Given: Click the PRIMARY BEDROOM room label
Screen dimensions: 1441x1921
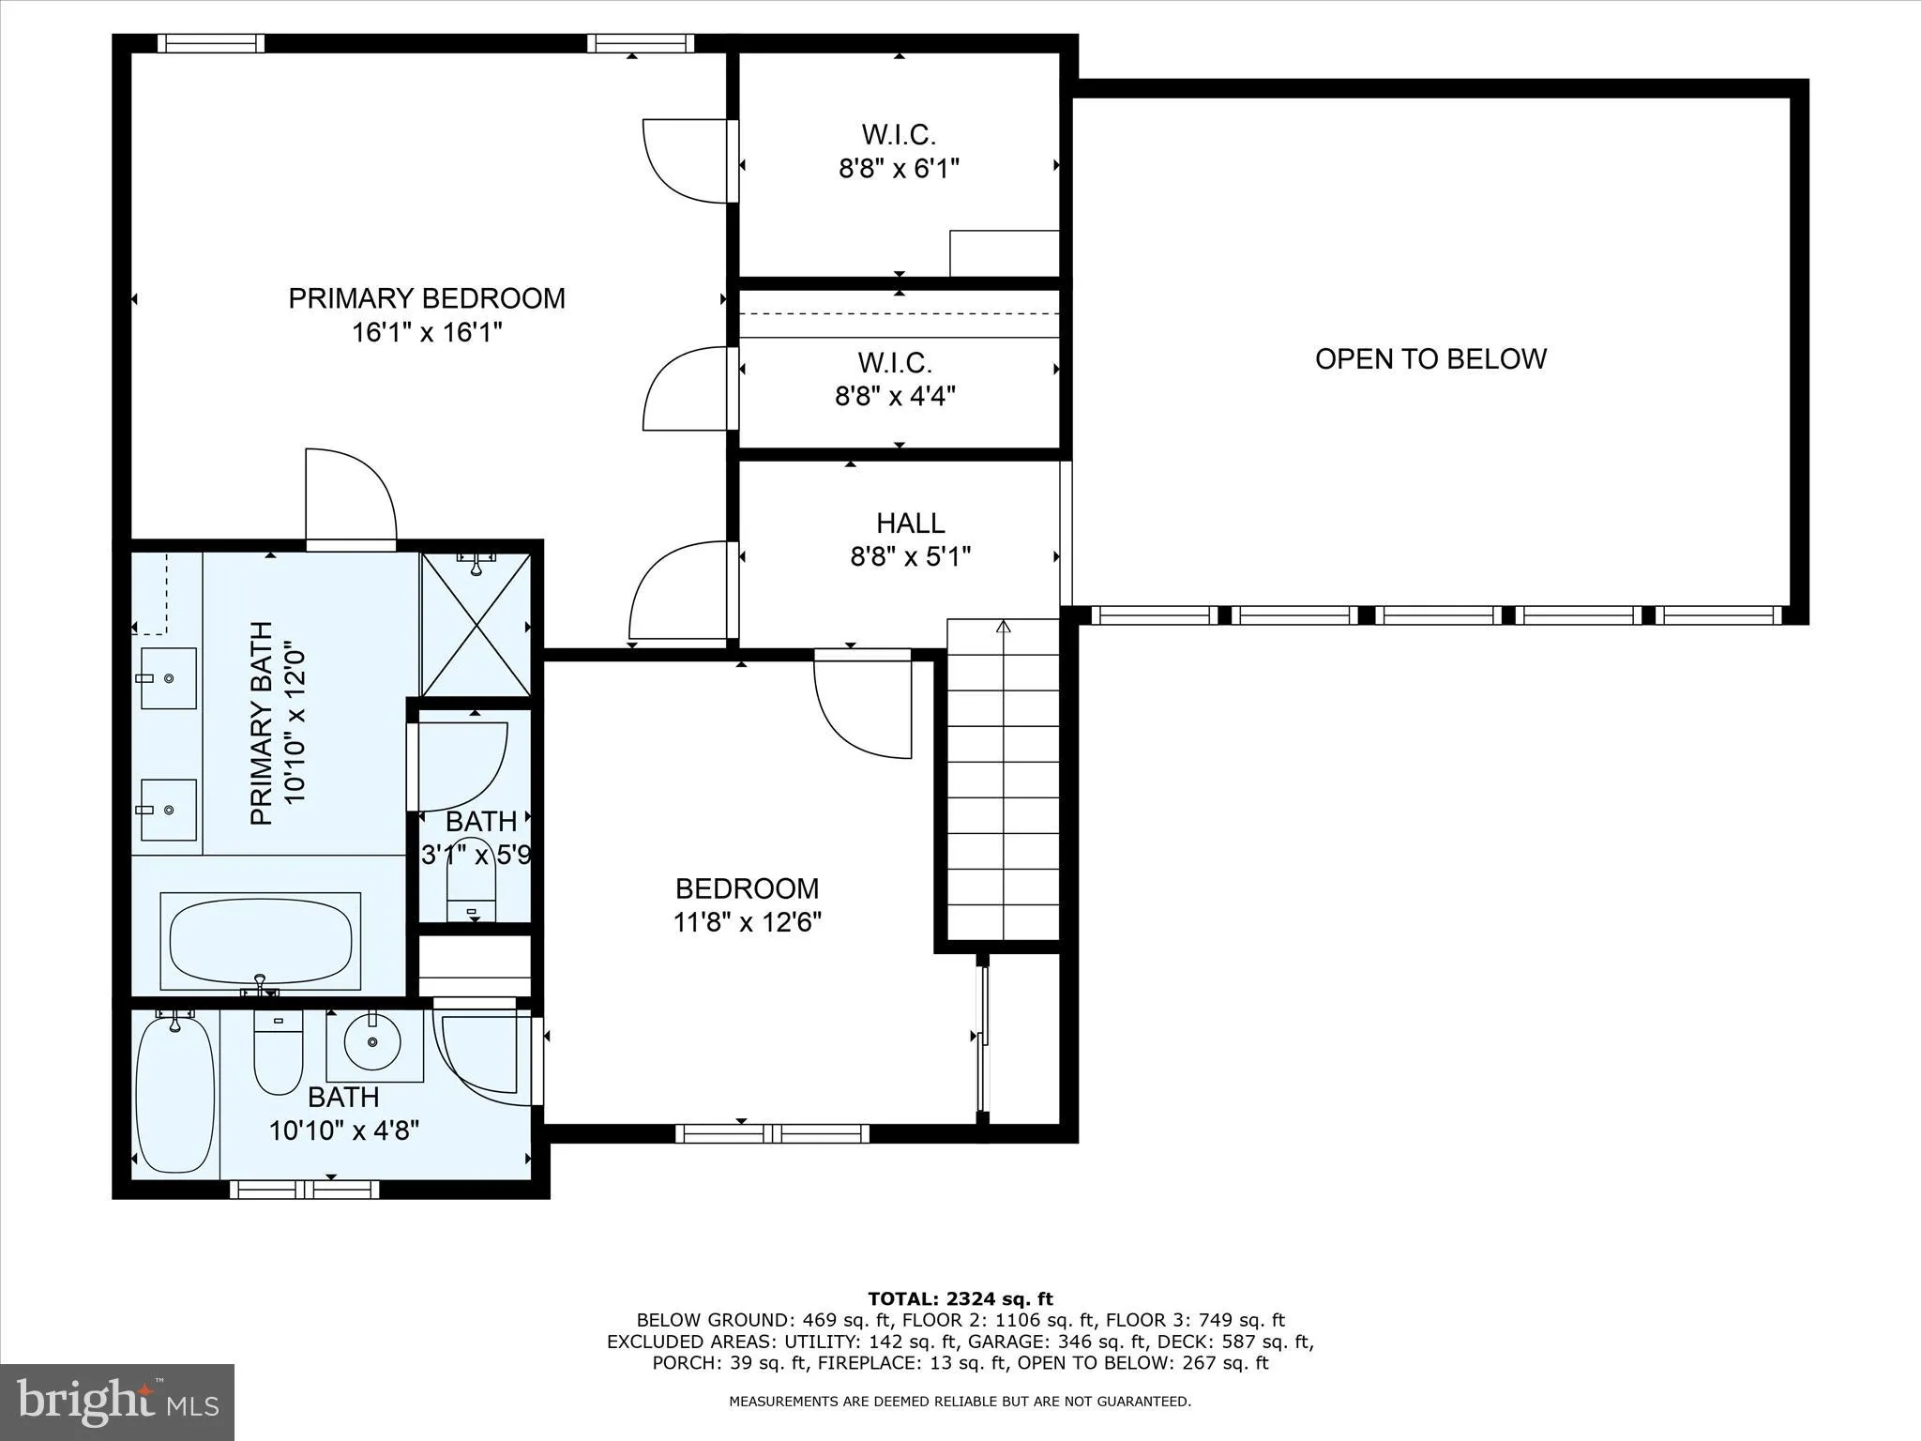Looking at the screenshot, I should tap(427, 298).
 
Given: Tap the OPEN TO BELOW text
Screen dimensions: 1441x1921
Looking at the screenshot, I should tap(1429, 359).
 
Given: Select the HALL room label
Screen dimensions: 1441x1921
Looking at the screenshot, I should tap(910, 523).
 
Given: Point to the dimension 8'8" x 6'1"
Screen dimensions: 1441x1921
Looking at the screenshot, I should tap(899, 169).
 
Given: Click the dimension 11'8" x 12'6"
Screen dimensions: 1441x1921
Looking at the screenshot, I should tap(747, 922).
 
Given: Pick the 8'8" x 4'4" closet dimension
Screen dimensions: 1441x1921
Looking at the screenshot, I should tap(895, 396).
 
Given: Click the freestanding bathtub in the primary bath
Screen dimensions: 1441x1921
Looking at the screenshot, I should tap(261, 940).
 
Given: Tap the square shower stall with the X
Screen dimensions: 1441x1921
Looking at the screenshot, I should tap(476, 624).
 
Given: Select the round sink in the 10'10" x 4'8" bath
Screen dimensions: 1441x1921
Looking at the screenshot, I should tap(372, 1041).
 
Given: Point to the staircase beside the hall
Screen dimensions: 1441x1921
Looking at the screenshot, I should tap(1003, 779).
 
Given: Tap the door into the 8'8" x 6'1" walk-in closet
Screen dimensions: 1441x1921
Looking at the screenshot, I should tap(685, 159).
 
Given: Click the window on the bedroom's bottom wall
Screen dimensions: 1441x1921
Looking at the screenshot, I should tap(772, 1133).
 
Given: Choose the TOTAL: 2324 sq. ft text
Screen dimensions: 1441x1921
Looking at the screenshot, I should tap(960, 1298).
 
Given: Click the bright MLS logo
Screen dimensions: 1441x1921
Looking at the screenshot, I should tap(117, 1402).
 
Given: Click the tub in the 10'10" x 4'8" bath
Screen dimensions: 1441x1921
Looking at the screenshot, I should tap(174, 1096).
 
